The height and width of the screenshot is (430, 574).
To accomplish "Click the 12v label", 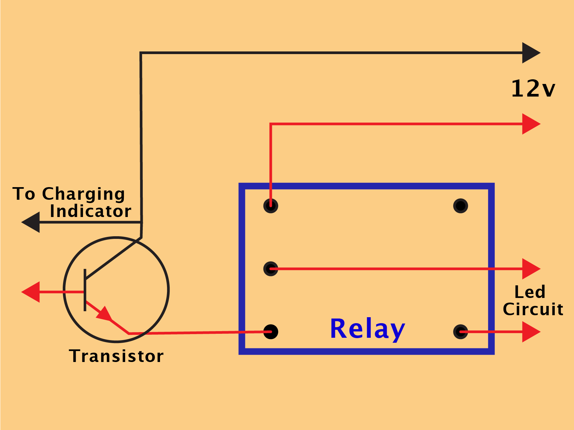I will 533,89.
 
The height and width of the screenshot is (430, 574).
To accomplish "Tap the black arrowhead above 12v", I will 531,53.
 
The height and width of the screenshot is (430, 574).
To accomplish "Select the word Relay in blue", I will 368,329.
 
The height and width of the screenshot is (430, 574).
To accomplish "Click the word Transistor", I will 116,356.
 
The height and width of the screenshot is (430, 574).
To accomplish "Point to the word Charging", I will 83,194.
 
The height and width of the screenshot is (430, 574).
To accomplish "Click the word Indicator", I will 91,211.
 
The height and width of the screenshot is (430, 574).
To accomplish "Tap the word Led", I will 530,292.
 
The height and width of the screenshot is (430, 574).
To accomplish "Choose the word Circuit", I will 533,309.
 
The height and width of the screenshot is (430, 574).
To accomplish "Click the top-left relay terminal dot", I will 271,206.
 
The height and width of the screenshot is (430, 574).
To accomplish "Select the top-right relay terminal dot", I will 460,206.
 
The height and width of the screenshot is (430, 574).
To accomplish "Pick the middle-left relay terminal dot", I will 271,269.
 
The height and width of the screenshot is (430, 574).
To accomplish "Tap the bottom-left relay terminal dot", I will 271,332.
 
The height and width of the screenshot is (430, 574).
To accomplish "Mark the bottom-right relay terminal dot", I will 460,332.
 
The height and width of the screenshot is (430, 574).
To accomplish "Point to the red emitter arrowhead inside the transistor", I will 105,314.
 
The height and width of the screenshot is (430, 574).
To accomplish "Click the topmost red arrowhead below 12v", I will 531,124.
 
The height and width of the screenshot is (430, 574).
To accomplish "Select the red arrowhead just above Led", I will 531,269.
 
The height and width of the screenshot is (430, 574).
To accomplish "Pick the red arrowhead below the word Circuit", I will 531,332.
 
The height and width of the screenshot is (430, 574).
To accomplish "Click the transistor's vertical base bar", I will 85,290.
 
